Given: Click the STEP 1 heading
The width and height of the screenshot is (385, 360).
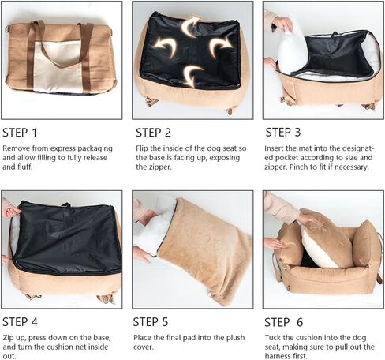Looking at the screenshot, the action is click(20, 133).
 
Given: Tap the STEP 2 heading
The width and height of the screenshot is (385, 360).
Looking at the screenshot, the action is click(153, 133).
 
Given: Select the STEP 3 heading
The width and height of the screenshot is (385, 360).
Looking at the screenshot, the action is click(283, 132).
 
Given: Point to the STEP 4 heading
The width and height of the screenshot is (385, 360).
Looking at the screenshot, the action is click(20, 322).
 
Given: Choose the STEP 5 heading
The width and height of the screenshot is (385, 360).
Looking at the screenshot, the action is click(151, 322).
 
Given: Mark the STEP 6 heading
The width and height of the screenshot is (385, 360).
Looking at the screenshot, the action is click(284, 322).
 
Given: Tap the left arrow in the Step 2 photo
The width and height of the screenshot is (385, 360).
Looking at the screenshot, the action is click(166, 46).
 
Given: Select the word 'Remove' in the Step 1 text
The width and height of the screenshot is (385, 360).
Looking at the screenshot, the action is click(15, 148).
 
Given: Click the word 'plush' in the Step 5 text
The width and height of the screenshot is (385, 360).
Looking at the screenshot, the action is click(235, 338).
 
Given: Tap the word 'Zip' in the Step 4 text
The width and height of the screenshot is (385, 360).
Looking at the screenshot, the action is click(9, 338).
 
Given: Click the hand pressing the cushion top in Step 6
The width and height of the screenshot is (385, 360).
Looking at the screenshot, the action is click(310, 219).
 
